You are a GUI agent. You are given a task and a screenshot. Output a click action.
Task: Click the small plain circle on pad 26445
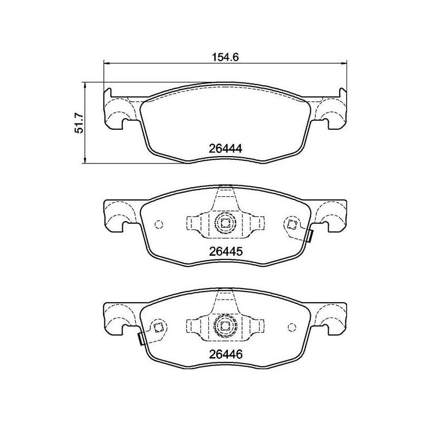[x=158, y=224]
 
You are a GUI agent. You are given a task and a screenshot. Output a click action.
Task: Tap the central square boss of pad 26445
[x=225, y=223]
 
